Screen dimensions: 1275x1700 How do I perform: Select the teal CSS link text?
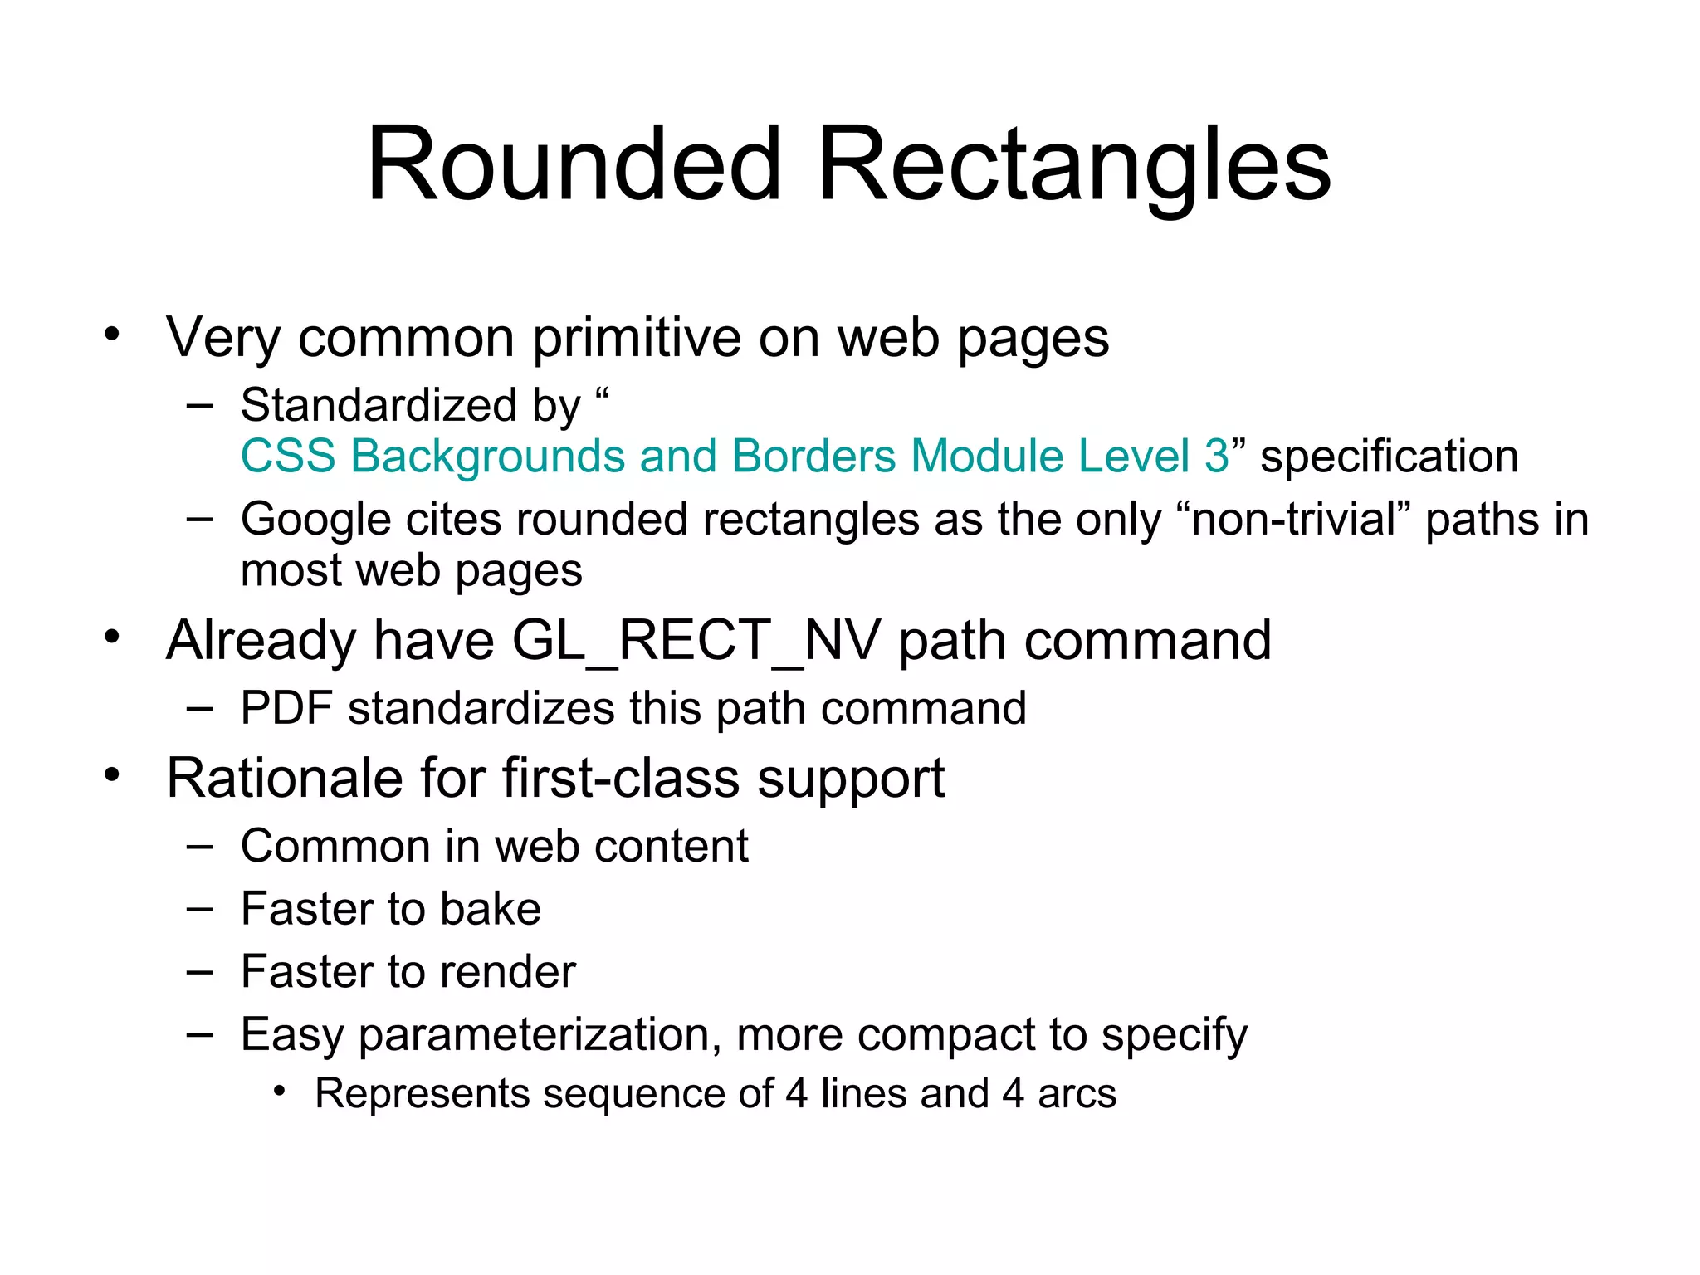click(734, 457)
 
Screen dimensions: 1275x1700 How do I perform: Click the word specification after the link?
click(1389, 457)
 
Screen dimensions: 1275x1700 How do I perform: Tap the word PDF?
click(287, 709)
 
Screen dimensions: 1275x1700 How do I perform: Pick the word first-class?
click(620, 779)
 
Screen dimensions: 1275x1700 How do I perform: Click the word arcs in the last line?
click(1077, 1094)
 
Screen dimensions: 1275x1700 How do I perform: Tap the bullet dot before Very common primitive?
click(112, 335)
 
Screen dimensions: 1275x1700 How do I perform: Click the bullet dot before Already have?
click(112, 637)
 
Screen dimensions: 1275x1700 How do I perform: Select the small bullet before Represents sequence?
click(280, 1091)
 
